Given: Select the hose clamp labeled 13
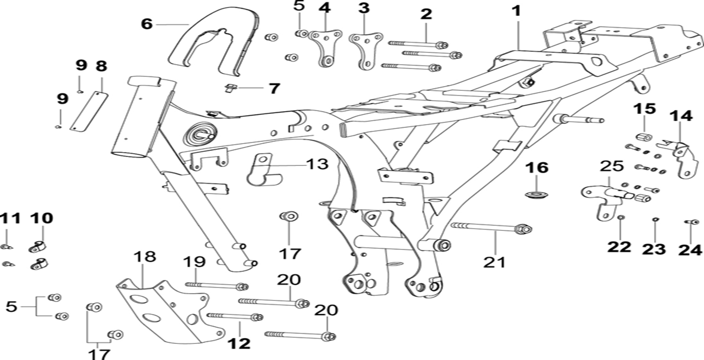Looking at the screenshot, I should point(261,170).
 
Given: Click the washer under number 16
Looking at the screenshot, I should point(536,195).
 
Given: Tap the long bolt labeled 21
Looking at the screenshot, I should point(490,227).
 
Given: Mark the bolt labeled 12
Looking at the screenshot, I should point(235,317).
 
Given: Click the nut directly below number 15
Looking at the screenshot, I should point(644,137).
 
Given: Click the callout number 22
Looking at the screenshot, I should point(619,246).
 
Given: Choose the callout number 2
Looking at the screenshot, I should point(426,14).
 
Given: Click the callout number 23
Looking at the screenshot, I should point(654,249).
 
